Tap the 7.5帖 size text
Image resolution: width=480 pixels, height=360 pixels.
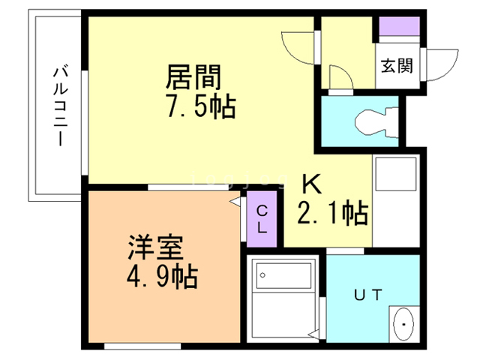[x=201, y=107]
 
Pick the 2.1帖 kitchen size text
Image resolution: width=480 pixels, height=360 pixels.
[x=332, y=214]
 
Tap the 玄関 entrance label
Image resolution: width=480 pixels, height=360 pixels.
[x=397, y=65]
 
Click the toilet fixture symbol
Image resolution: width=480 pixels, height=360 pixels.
[x=373, y=120]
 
